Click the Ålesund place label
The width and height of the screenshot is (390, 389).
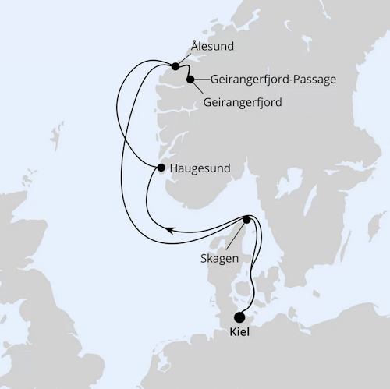[x=211, y=47]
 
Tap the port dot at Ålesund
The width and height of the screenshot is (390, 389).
[x=175, y=65]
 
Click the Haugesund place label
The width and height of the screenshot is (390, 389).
[x=200, y=168]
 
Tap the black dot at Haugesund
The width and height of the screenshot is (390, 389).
[x=161, y=168]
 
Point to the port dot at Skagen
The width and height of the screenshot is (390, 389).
[x=247, y=220]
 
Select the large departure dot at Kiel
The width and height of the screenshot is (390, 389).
[x=239, y=317]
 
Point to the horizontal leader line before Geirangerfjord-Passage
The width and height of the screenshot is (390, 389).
[x=200, y=79]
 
